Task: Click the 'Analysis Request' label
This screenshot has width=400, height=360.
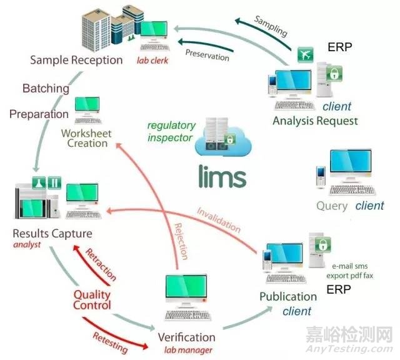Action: pos(315,121)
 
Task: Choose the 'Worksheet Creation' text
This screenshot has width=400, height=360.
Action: pos(85,137)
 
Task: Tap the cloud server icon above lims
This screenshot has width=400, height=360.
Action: pos(219,141)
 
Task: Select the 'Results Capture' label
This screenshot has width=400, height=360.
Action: pos(52,234)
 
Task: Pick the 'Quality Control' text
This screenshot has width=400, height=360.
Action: pos(92,299)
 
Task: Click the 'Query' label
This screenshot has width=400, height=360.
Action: pos(332,206)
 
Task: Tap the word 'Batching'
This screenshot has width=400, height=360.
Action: pos(46,88)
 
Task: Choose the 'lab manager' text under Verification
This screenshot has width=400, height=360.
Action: pos(186,350)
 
